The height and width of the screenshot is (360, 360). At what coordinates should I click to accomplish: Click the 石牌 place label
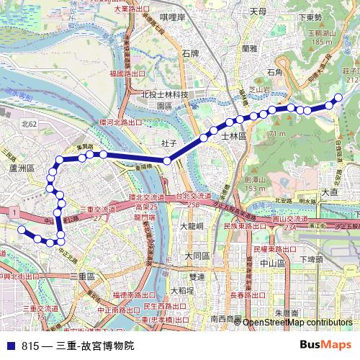[x=191, y=53]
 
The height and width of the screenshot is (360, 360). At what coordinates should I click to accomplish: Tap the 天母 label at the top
[x=258, y=12]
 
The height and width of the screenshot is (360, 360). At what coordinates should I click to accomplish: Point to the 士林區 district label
[x=234, y=135]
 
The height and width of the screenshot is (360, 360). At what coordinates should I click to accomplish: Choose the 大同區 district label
[x=197, y=256]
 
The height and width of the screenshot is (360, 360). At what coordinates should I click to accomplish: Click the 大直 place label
[x=330, y=192]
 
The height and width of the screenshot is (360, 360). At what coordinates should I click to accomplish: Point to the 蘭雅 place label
[x=250, y=49]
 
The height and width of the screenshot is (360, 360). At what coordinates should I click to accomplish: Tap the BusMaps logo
[x=325, y=346]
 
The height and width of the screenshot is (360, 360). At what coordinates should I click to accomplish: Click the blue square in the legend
[x=10, y=346]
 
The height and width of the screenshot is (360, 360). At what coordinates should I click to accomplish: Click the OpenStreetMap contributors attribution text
[x=297, y=323]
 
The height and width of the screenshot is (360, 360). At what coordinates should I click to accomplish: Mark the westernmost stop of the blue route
[x=22, y=230]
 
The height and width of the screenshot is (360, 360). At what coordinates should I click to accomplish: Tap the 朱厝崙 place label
[x=287, y=313]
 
